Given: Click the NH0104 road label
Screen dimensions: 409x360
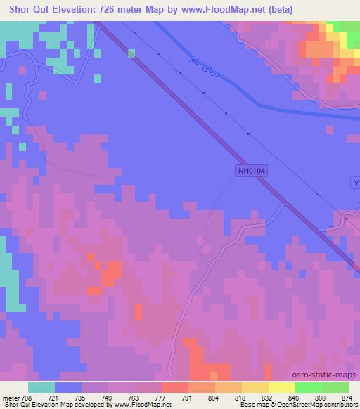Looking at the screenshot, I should [252, 170].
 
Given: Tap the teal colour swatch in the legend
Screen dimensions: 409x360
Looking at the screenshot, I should [41, 387].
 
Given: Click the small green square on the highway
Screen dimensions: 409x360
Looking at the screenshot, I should [131, 51].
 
